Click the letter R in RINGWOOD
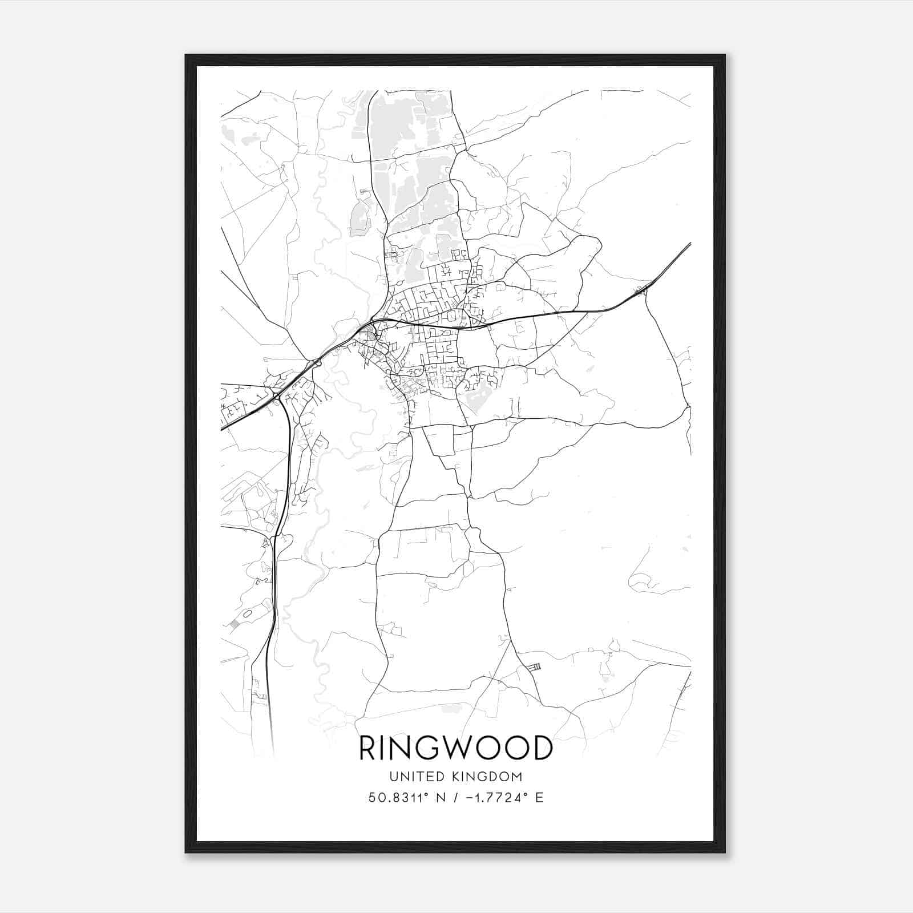pos(367,748)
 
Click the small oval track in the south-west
pos(247,614)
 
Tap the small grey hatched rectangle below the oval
pos(234,624)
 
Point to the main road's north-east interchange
pos(642,292)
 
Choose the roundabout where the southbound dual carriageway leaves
pos(276,395)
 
